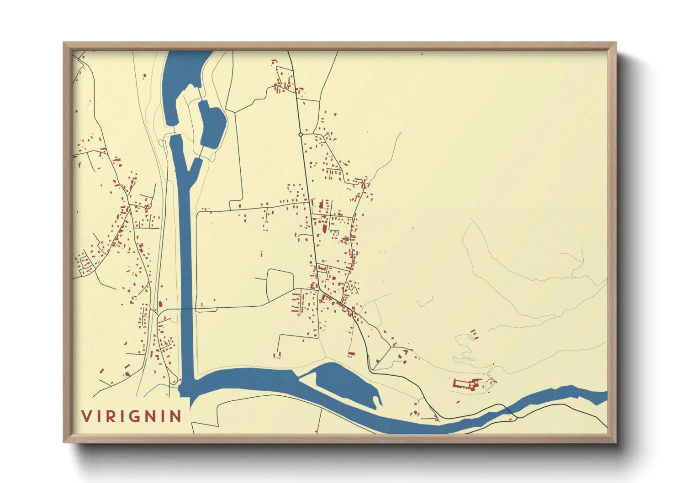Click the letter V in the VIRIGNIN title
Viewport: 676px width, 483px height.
[86, 416]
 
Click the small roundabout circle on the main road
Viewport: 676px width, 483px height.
[301, 135]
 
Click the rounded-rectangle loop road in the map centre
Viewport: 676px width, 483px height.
[280, 285]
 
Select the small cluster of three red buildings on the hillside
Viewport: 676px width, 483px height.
[474, 335]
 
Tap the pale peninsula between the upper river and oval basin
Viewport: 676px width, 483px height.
[190, 110]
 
